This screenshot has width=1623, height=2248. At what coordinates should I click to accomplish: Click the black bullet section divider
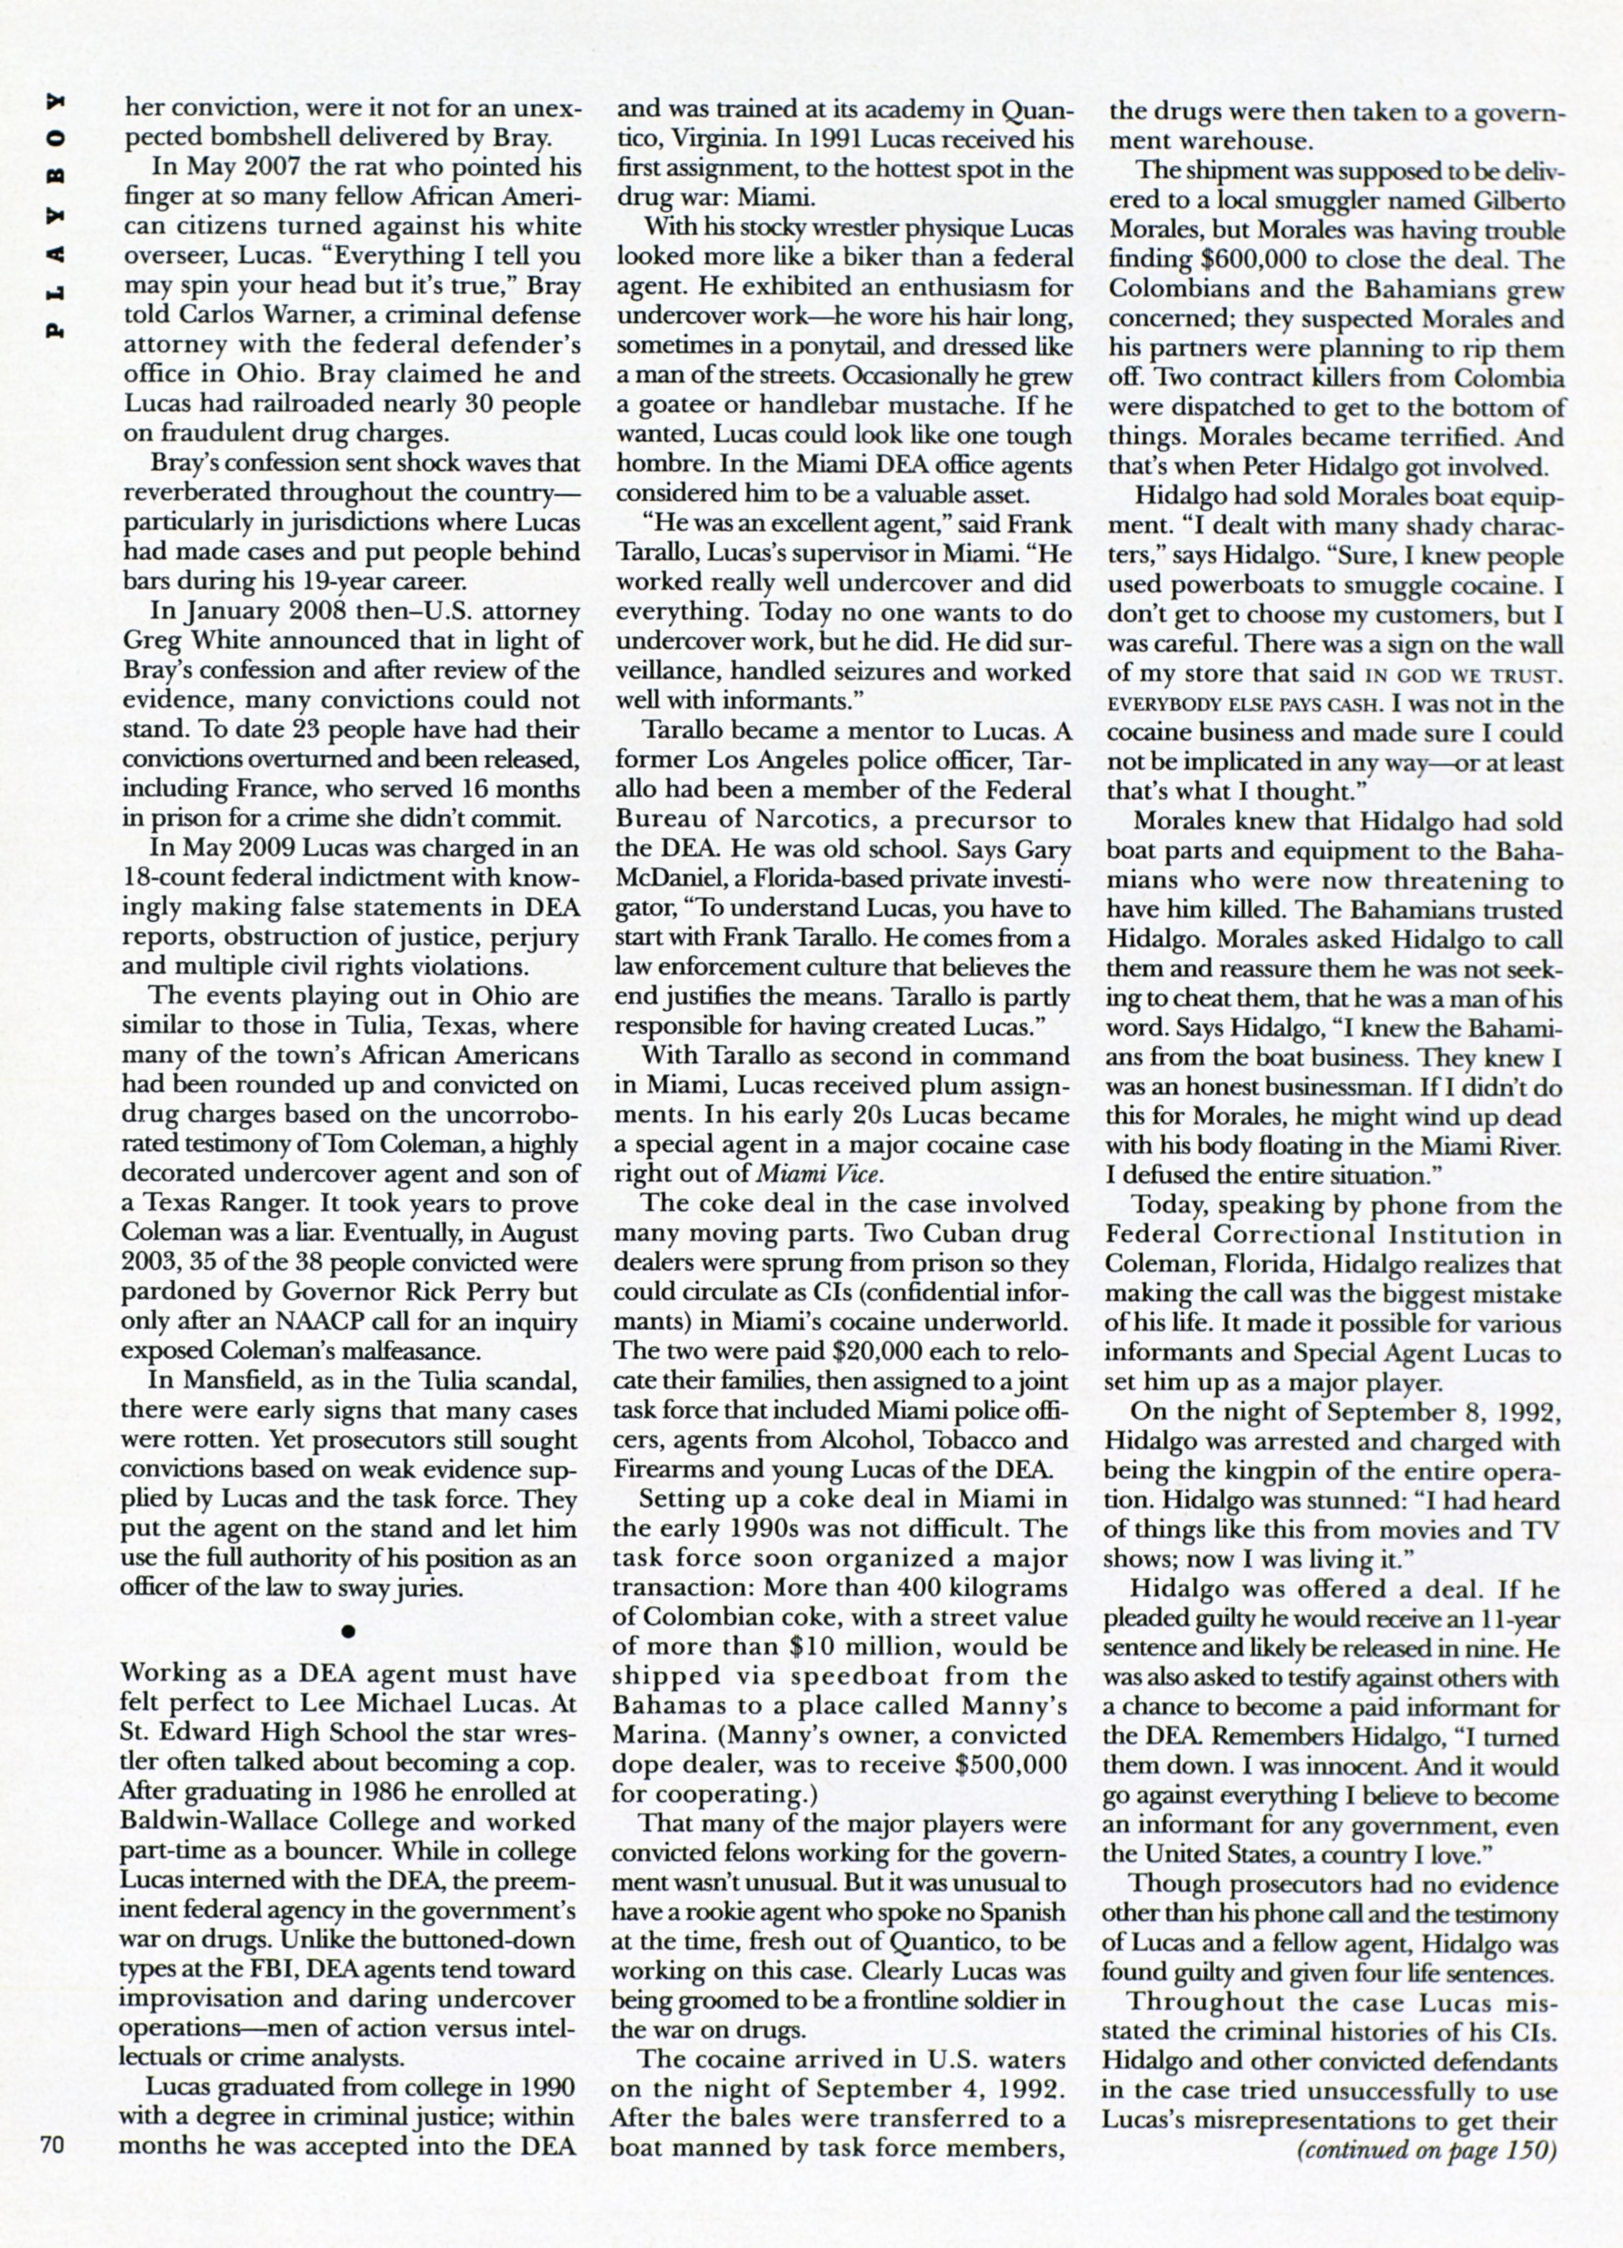(348, 1628)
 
